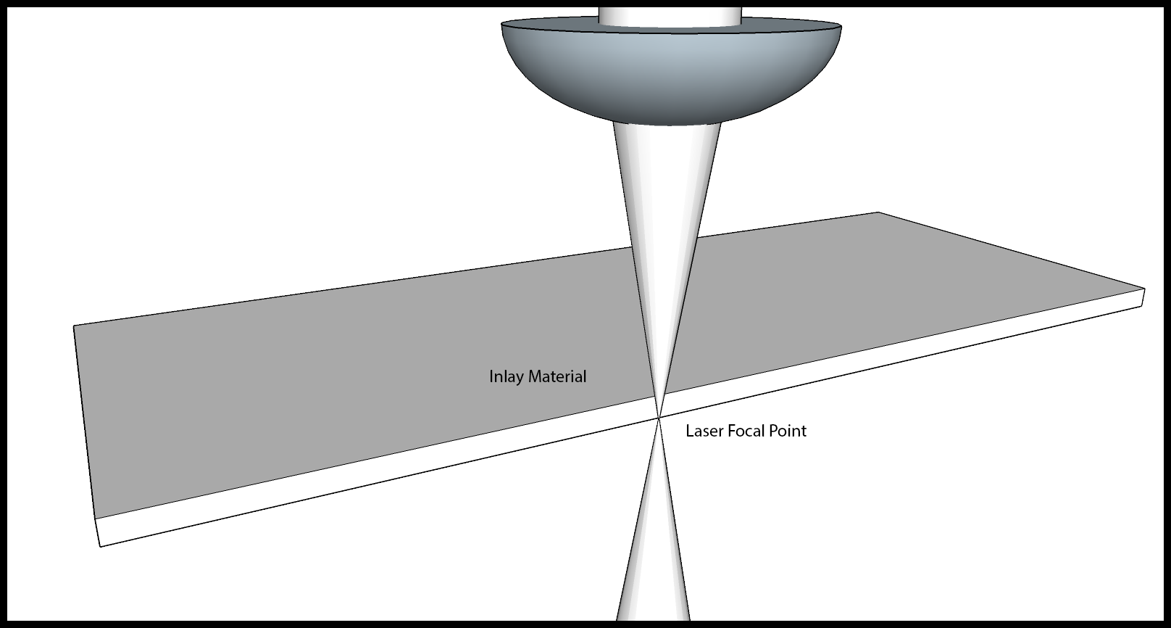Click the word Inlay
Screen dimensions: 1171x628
coord(507,377)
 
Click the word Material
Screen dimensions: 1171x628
coord(557,376)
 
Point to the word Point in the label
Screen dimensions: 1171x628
coord(787,431)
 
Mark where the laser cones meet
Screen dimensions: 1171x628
coord(659,417)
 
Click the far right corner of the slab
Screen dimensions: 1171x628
coord(1145,289)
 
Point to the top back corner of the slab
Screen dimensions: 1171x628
coord(878,212)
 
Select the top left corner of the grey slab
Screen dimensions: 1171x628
coord(74,326)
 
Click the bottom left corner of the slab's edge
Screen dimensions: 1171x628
coord(100,547)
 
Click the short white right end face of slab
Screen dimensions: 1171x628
coord(1143,297)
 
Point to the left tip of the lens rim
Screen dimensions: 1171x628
coord(501,24)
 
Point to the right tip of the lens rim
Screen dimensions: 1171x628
coord(842,26)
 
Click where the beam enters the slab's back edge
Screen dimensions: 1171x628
coord(665,242)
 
